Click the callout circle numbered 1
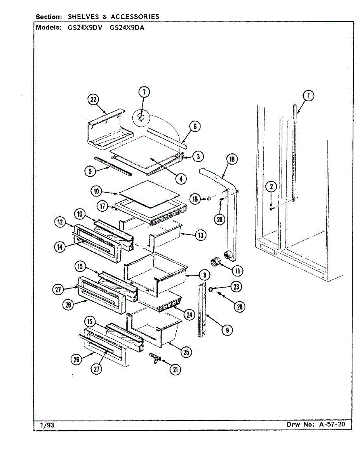pos(308,96)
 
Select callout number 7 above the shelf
pos(144,92)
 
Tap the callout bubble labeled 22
pos(93,100)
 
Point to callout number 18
pos(232,159)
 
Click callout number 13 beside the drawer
pos(201,235)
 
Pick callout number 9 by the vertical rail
pos(227,330)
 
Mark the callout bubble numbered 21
pos(176,370)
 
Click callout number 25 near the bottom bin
pos(186,352)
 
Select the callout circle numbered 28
pos(239,307)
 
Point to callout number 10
pos(97,191)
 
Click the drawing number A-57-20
pos(332,424)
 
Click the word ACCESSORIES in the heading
pos(135,17)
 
